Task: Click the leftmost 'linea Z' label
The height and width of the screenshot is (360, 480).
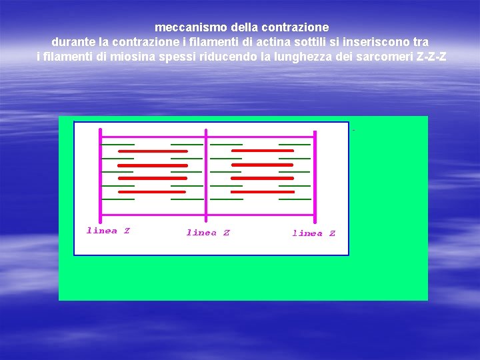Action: [x=108, y=231]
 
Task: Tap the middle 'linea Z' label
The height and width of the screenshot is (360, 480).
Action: [x=208, y=233]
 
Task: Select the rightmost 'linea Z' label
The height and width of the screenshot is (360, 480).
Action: [x=313, y=233]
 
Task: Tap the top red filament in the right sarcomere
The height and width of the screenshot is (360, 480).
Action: [x=263, y=151]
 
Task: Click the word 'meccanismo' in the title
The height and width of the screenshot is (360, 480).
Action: [x=191, y=28]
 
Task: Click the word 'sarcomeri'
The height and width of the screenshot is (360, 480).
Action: [x=387, y=57]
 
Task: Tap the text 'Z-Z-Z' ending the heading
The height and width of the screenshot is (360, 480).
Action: [x=431, y=57]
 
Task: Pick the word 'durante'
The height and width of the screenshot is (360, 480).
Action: [x=73, y=42]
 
